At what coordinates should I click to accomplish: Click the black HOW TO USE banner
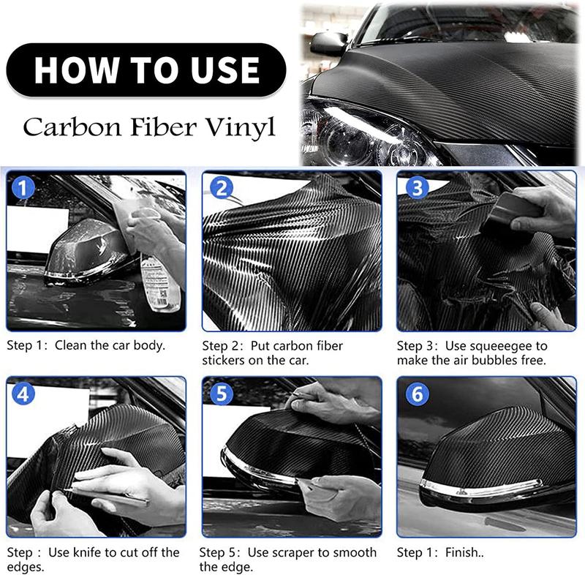[146, 70]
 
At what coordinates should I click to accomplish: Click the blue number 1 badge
[24, 189]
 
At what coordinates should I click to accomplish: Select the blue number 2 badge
[221, 189]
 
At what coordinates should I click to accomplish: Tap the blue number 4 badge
[24, 394]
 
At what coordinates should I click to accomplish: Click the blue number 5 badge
[221, 394]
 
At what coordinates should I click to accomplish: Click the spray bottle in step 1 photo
[156, 278]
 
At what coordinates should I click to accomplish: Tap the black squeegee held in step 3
[512, 216]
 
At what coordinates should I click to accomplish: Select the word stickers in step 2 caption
[226, 361]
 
